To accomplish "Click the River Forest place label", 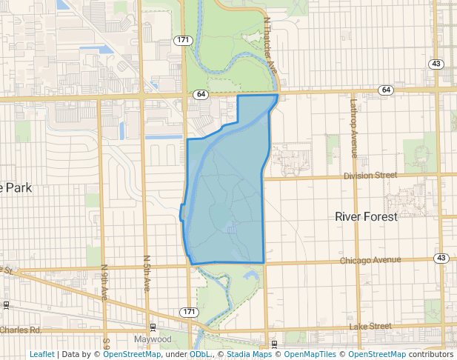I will click(x=366, y=217).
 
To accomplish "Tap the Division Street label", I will click(x=370, y=176).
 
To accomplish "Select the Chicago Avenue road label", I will click(x=370, y=261).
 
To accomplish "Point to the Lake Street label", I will click(x=370, y=326).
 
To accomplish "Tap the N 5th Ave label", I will click(x=147, y=273).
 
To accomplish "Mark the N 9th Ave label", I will click(x=104, y=282).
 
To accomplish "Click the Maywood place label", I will click(x=153, y=340).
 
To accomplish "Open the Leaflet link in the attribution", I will click(x=41, y=355).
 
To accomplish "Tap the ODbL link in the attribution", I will click(x=199, y=355).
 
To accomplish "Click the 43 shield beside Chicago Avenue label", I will click(x=441, y=258).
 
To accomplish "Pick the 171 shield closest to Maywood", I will click(x=190, y=312).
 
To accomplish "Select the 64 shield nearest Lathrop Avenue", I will click(x=385, y=90).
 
